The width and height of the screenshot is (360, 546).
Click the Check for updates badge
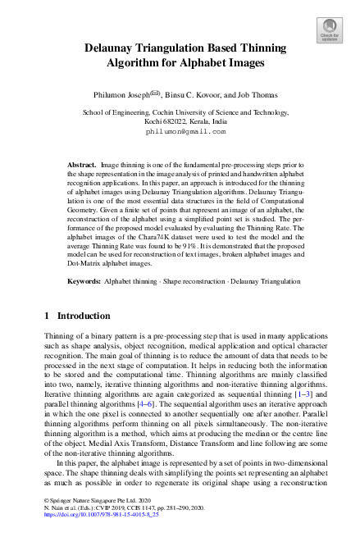click(x=329, y=30)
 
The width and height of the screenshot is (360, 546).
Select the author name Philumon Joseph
click(x=139, y=94)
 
